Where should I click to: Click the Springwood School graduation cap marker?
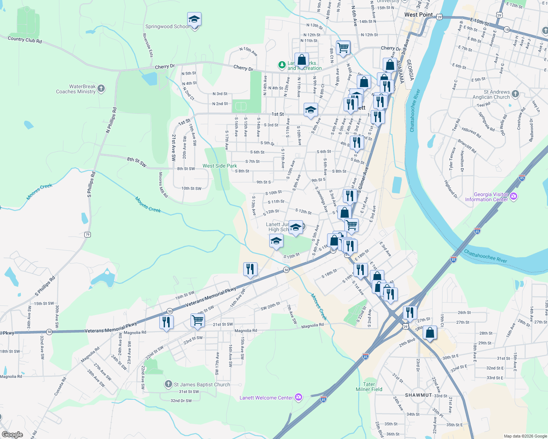coord(194,20)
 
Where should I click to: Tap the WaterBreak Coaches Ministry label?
coord(76,89)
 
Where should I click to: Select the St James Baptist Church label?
coord(202,384)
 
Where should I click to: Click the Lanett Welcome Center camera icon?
coord(299,397)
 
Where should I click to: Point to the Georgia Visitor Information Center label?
coord(486,197)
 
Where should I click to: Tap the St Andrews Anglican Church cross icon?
coord(515,94)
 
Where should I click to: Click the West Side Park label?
coord(220,166)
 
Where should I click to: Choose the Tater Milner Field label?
coord(369,387)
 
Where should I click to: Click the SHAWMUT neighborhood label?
coord(419,395)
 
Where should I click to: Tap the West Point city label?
coord(418,15)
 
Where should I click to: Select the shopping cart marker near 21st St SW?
coord(197,320)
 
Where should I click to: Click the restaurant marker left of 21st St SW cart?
coord(166,322)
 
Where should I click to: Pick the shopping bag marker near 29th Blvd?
coord(430,333)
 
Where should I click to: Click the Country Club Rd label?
coord(25,40)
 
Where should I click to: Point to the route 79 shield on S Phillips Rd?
coord(87,234)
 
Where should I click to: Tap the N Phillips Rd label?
coord(111,120)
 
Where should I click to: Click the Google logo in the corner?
coord(12,435)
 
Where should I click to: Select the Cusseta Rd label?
coord(60,386)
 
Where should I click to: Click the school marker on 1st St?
coord(311,110)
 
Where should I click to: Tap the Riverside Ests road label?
coord(147,45)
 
